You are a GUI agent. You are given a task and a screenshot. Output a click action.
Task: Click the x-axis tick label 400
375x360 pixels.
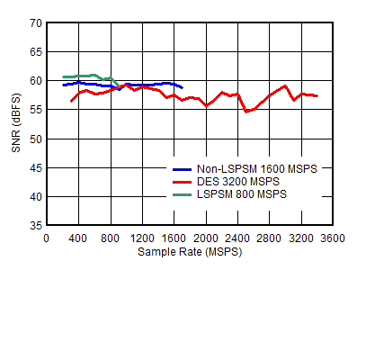[78, 238]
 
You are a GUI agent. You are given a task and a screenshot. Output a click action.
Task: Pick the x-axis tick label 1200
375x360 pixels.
[142, 238]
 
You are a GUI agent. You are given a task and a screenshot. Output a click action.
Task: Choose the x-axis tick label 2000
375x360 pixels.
[206, 238]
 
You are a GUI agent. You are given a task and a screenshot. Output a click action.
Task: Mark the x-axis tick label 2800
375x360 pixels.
[270, 238]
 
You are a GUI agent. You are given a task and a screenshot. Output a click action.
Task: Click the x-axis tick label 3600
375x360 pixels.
[334, 238]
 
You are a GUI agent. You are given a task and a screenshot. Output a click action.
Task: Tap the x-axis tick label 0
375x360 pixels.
[47, 238]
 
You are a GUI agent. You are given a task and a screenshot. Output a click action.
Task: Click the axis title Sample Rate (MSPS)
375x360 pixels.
[190, 252]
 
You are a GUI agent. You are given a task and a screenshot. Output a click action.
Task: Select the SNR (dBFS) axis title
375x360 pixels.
[16, 123]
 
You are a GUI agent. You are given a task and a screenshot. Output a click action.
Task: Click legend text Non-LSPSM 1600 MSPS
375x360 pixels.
[256, 168]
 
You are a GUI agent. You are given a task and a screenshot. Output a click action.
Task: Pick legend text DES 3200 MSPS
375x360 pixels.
[238, 181]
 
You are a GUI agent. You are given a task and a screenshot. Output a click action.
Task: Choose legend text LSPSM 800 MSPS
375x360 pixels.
[242, 193]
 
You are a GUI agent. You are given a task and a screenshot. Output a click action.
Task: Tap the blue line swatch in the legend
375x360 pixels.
[183, 168]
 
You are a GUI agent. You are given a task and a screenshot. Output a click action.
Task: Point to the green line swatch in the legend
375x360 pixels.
[183, 193]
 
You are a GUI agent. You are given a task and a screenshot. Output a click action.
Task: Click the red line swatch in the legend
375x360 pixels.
[183, 181]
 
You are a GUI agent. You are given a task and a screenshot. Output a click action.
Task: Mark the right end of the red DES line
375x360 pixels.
[317, 95]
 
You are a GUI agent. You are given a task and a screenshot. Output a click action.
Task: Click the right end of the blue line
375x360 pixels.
[183, 87]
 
